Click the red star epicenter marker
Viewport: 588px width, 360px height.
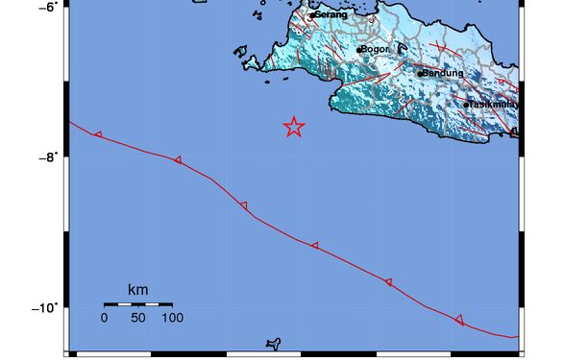point(294,128)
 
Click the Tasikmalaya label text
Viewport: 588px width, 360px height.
point(494,105)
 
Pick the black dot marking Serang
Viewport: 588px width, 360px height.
point(312,14)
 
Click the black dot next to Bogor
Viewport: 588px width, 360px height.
point(358,50)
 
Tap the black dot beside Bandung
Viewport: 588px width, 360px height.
point(420,73)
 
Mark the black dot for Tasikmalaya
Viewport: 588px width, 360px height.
point(467,105)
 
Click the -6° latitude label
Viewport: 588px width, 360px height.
point(45,6)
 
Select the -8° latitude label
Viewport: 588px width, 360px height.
point(45,157)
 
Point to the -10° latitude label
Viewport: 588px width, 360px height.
point(42,308)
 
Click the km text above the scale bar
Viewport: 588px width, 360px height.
point(137,290)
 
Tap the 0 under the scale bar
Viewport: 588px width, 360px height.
point(104,317)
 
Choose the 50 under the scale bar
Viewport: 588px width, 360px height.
point(137,317)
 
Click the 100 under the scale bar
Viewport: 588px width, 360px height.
point(173,317)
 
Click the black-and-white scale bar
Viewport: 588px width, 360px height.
point(138,303)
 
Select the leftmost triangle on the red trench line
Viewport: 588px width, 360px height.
point(98,134)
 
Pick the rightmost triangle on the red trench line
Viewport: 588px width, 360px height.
point(459,320)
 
